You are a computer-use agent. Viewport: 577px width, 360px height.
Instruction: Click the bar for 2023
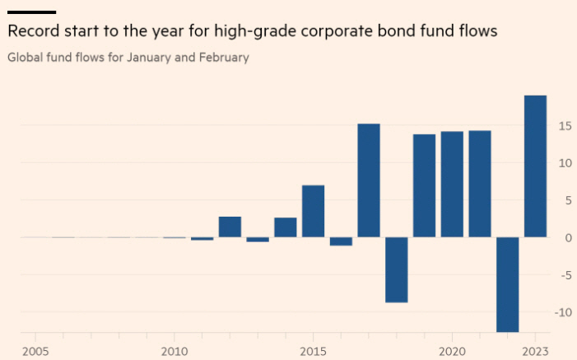535,166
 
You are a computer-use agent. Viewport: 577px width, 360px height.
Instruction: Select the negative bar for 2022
507,284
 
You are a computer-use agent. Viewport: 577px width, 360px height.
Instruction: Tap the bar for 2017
369,180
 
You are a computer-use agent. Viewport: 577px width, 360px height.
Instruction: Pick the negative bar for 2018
397,269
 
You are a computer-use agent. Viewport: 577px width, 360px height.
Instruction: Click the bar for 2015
313,211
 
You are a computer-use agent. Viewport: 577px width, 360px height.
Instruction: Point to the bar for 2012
230,227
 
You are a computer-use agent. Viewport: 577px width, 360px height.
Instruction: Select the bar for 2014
285,227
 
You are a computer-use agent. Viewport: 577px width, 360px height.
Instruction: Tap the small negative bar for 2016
341,241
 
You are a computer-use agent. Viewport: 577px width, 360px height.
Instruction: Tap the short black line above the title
31,12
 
